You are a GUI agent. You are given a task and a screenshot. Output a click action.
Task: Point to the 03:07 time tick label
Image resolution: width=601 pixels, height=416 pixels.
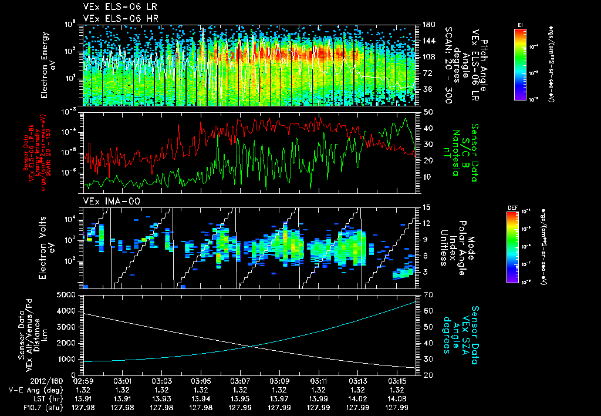[239, 381]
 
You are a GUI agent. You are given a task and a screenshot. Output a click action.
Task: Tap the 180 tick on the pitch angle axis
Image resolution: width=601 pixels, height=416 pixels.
[427, 25]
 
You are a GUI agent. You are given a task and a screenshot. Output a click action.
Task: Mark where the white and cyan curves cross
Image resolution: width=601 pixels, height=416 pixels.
[252, 346]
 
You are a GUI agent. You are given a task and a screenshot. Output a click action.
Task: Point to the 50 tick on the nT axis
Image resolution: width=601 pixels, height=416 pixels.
[427, 112]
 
